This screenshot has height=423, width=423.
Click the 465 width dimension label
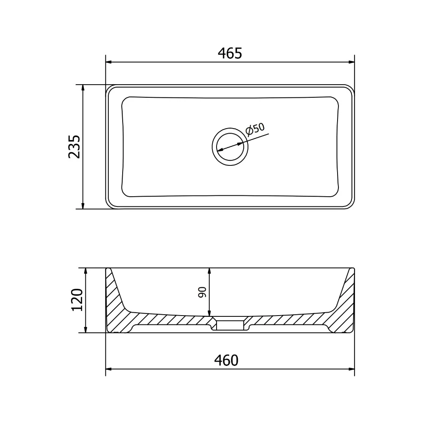tap(230, 53)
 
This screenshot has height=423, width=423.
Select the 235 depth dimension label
tap(74, 147)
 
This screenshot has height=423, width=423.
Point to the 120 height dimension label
tap(77, 300)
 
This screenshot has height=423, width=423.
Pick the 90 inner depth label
tap(202, 292)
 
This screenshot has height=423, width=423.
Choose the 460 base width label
tap(226, 360)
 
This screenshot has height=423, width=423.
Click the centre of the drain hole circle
tap(230, 147)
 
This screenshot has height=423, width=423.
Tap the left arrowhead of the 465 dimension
tap(108, 62)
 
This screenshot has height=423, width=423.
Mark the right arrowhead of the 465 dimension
tap(352, 62)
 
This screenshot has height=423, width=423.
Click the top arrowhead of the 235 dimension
tap(83, 88)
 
